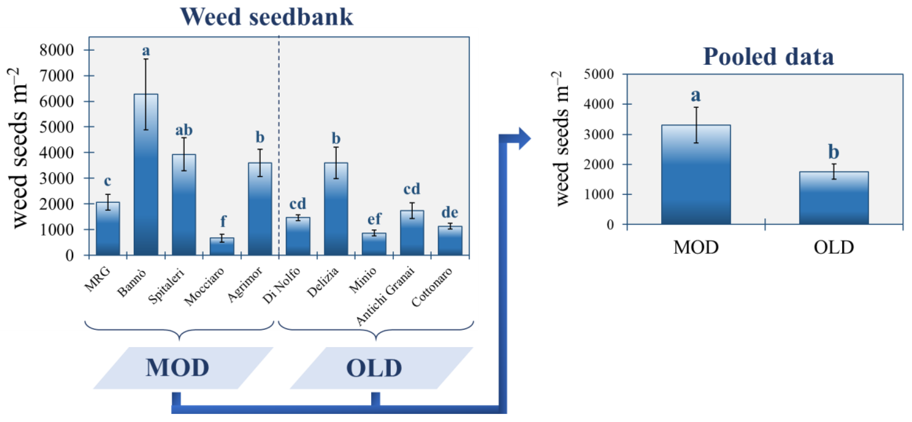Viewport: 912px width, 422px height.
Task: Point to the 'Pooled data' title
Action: click(x=768, y=57)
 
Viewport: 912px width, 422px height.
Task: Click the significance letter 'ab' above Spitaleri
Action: click(x=184, y=130)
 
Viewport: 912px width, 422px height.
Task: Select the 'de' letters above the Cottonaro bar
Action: click(x=450, y=212)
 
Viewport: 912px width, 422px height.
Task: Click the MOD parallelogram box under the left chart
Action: click(x=183, y=368)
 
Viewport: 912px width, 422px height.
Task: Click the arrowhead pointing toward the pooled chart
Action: click(x=524, y=138)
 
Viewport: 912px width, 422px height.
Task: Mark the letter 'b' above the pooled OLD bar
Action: click(x=833, y=152)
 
